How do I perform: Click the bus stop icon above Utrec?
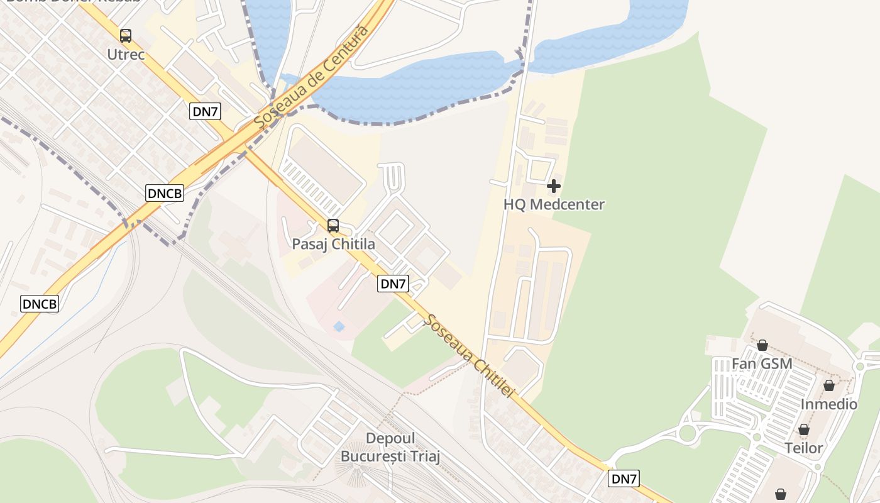(x=126, y=36)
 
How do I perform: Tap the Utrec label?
(x=126, y=55)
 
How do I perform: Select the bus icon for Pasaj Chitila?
(x=333, y=226)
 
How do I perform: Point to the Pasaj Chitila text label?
(x=333, y=245)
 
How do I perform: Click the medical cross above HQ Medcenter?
(x=554, y=186)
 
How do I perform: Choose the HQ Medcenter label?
(x=554, y=204)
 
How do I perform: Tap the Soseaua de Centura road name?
(x=311, y=75)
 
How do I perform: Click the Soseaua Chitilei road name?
(x=470, y=355)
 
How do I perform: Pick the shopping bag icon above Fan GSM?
(x=762, y=345)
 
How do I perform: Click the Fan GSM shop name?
(x=762, y=364)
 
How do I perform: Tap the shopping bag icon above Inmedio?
(x=829, y=385)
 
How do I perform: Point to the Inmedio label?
(x=829, y=404)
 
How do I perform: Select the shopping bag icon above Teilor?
(x=804, y=430)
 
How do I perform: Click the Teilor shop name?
(x=804, y=448)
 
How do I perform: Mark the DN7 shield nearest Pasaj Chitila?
(x=393, y=284)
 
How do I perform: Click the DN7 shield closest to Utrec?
(x=205, y=112)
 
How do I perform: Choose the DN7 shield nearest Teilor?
(x=624, y=479)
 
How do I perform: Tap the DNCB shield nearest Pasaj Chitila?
(x=165, y=194)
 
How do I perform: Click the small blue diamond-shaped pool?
(x=339, y=326)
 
